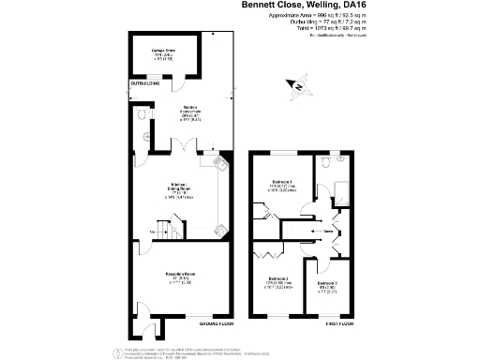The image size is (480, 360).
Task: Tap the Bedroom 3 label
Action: pos(326,283)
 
